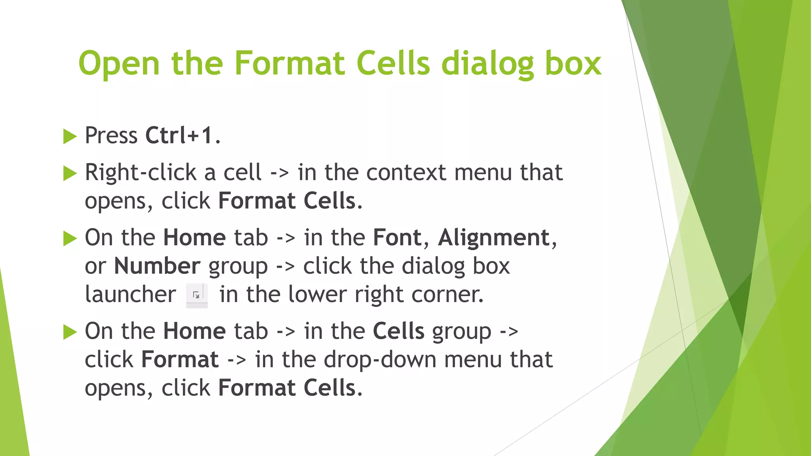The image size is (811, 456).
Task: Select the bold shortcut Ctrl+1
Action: (179, 135)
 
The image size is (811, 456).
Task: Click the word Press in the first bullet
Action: (111, 135)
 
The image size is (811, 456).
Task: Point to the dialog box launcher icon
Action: (197, 295)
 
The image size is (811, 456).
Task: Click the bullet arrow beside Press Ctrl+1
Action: (70, 137)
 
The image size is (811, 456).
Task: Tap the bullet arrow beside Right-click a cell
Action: (70, 173)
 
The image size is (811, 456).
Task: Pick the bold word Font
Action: (397, 237)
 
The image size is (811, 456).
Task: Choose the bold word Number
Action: (157, 266)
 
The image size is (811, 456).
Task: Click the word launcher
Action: (130, 294)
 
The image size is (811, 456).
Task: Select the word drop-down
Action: (380, 359)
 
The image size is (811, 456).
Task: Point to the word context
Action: (406, 173)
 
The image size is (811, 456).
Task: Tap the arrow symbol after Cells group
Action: (509, 332)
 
